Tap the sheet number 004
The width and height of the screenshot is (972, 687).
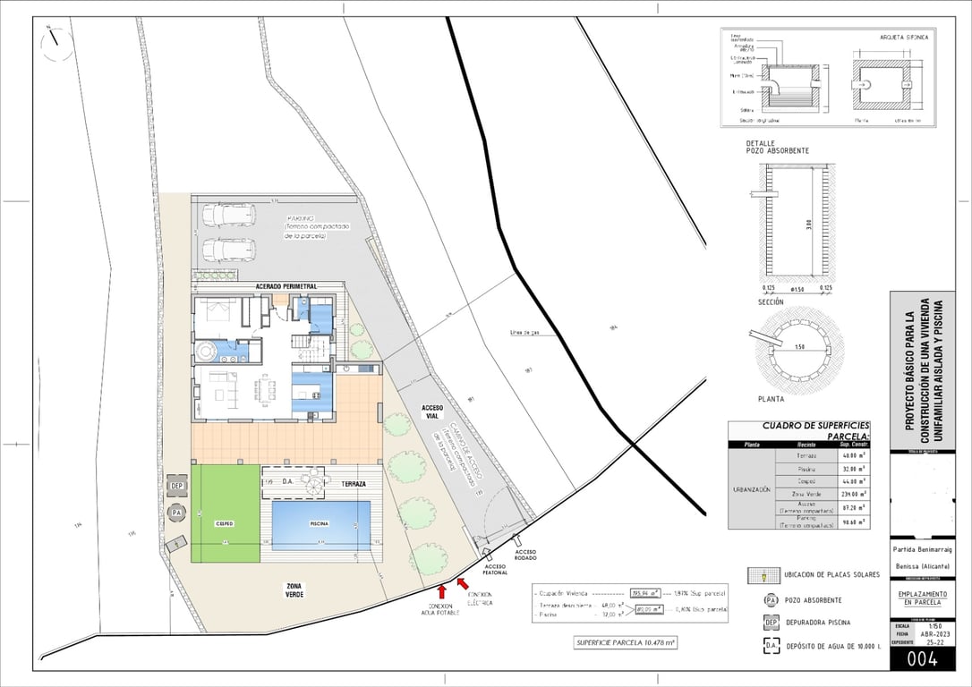[x=922, y=660]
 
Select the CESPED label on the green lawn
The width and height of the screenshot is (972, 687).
[x=224, y=522]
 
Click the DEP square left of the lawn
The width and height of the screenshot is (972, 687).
[x=176, y=486]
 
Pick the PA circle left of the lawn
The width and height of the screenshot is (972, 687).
[x=176, y=512]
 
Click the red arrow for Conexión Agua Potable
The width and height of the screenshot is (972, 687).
[x=442, y=591]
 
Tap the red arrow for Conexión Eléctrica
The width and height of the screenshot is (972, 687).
[x=462, y=584]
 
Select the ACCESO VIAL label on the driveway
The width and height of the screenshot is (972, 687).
[x=431, y=411]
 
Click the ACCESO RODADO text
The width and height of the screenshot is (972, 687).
[x=525, y=555]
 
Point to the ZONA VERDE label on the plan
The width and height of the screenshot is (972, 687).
[x=295, y=589]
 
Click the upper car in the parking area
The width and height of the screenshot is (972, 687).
[x=228, y=215]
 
